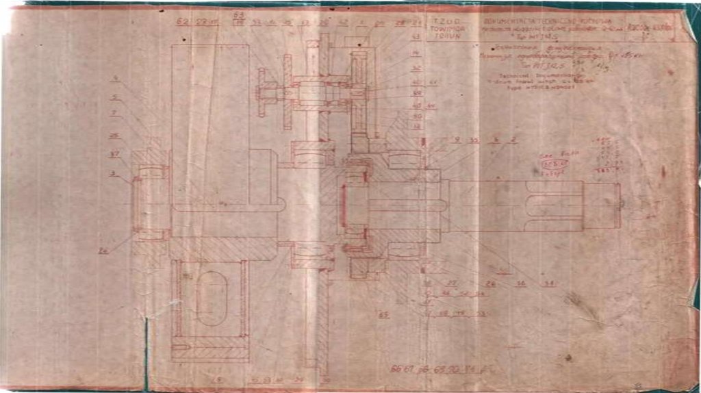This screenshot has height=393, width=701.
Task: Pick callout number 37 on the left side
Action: coord(114,153)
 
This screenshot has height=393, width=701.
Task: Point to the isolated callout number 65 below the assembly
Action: coord(383,315)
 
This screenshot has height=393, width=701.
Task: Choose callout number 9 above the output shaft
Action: coord(456,140)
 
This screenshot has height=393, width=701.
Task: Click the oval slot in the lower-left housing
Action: coord(211,298)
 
